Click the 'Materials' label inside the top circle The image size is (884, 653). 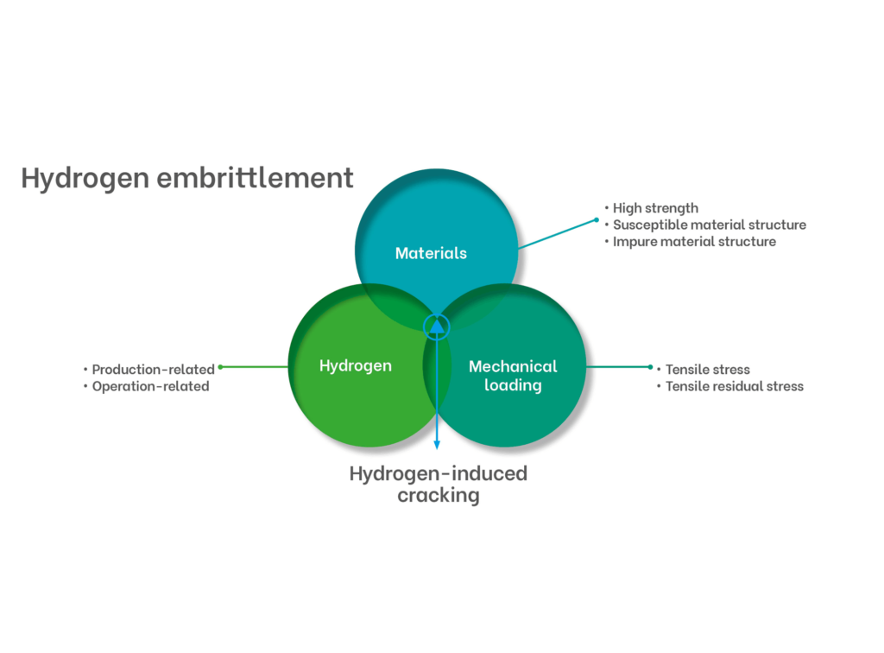pyautogui.click(x=431, y=253)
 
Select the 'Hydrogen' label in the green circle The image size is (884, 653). pyautogui.click(x=355, y=366)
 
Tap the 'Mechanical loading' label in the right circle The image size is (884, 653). pyautogui.click(x=513, y=376)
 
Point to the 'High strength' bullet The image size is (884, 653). pyautogui.click(x=655, y=209)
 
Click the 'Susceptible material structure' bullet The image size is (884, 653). pyautogui.click(x=710, y=225)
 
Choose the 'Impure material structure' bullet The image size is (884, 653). pyautogui.click(x=694, y=242)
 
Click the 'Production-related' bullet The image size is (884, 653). pyautogui.click(x=153, y=370)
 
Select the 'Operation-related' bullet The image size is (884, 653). pyautogui.click(x=150, y=387)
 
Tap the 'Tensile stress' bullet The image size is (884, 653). pyautogui.click(x=708, y=370)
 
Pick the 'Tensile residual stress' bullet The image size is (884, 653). pyautogui.click(x=734, y=387)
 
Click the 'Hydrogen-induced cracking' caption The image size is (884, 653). pyautogui.click(x=438, y=485)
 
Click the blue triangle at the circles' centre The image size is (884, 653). pyautogui.click(x=437, y=326)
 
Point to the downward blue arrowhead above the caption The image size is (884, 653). pyautogui.click(x=437, y=445)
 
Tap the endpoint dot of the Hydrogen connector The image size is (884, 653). pyautogui.click(x=220, y=367)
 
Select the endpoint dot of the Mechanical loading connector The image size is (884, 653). pyautogui.click(x=651, y=367)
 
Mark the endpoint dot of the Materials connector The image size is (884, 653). pyautogui.click(x=597, y=220)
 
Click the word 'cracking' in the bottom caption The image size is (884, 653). pyautogui.click(x=438, y=496)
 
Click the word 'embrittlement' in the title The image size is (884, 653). pyautogui.click(x=255, y=178)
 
